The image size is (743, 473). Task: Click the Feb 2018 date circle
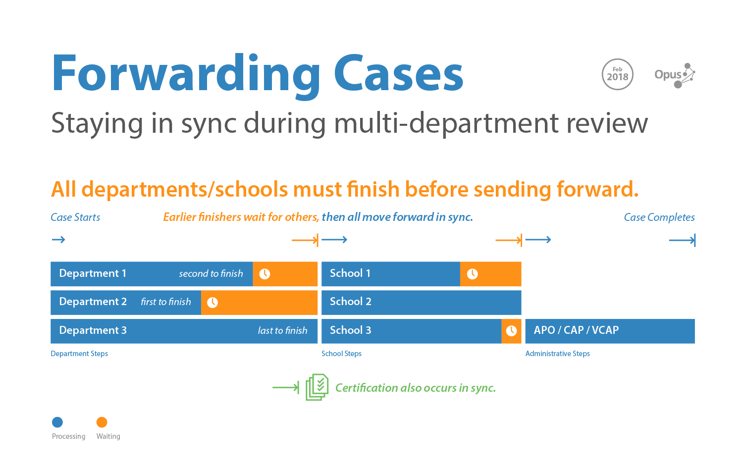[x=617, y=74]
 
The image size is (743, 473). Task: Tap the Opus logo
[x=674, y=75]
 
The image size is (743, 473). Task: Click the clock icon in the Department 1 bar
[x=265, y=274]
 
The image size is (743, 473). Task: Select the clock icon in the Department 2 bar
[x=212, y=303]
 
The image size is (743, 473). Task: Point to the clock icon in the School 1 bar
[x=473, y=274]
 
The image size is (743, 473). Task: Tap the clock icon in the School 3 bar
[x=511, y=331]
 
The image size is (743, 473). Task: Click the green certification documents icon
[x=317, y=387]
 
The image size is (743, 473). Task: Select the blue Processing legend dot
[x=57, y=422]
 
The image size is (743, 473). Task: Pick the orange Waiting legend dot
[x=102, y=422]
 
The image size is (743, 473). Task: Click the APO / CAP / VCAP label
[x=576, y=330]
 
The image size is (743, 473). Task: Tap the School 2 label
[x=351, y=302]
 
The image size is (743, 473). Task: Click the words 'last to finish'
[x=283, y=330]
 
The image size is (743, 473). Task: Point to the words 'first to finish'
[x=166, y=302]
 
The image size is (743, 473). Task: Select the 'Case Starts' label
[x=75, y=217]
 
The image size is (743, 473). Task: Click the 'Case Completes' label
[x=659, y=217]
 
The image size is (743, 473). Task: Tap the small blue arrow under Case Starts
[x=58, y=240]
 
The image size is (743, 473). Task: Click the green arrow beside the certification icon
[x=286, y=387]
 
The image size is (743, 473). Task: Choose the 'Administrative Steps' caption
[x=557, y=354]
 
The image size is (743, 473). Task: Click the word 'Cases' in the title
[x=398, y=73]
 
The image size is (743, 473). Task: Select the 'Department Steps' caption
[x=79, y=354]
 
